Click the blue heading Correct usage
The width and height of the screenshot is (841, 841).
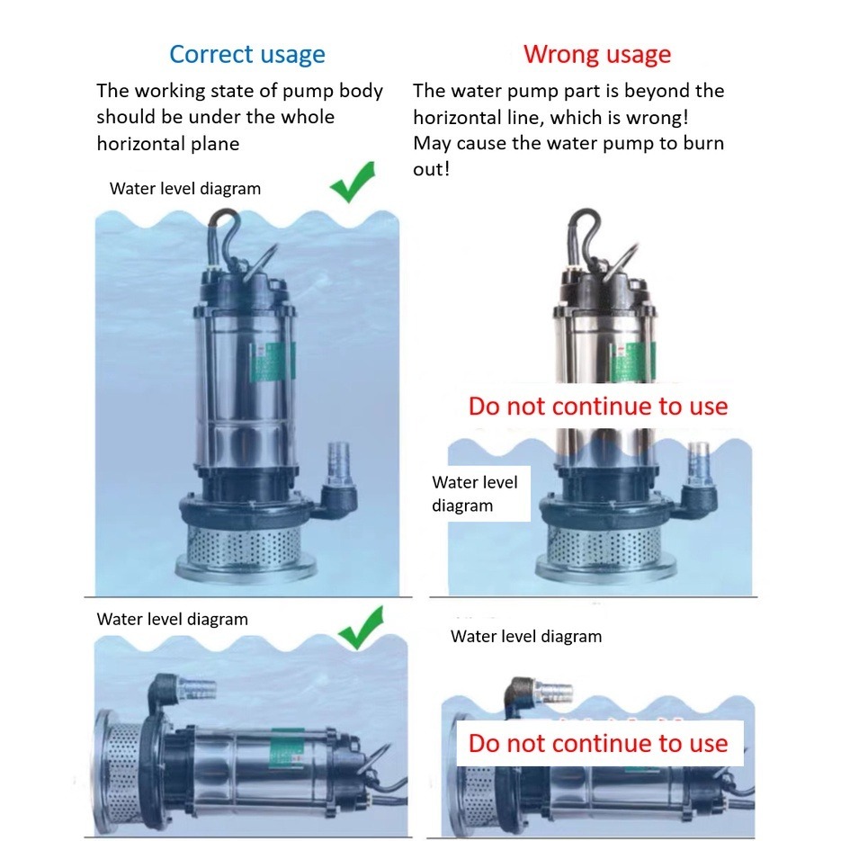pos(247,55)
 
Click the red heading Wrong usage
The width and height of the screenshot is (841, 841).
pos(597,55)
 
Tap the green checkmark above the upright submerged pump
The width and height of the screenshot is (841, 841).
pos(353,183)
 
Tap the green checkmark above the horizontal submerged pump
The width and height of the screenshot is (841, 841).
pos(361,628)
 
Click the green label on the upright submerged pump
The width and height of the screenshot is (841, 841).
pos(273,362)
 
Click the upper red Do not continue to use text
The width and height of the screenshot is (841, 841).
pos(598,406)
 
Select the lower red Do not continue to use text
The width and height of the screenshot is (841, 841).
pos(598,743)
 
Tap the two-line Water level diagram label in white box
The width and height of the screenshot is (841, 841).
pos(475,494)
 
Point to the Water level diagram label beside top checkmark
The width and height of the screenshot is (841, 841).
pos(185,189)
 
